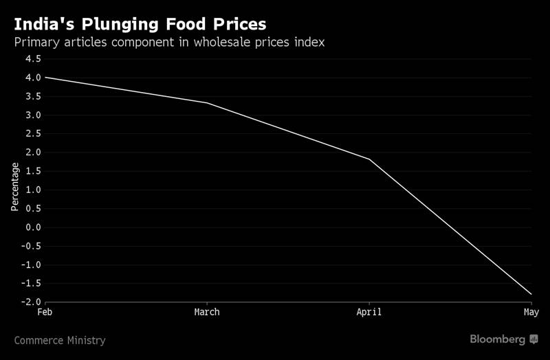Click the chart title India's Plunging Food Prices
(x=140, y=24)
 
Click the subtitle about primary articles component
(x=169, y=43)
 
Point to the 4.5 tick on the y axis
(x=33, y=59)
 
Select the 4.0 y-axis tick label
(x=33, y=78)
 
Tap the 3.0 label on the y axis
(x=33, y=115)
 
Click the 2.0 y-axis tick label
(x=33, y=153)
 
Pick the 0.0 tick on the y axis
(x=33, y=227)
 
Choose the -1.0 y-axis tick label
(x=31, y=265)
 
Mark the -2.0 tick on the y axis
(x=31, y=302)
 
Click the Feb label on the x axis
(x=45, y=313)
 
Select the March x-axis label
(x=207, y=313)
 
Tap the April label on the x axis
(x=369, y=313)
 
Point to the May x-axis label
(x=531, y=313)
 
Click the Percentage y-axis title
(x=15, y=186)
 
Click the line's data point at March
(x=207, y=103)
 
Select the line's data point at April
(x=369, y=159)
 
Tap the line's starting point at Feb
(x=45, y=77)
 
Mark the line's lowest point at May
(x=531, y=294)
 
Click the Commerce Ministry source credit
(x=60, y=340)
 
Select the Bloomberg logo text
(x=498, y=339)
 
